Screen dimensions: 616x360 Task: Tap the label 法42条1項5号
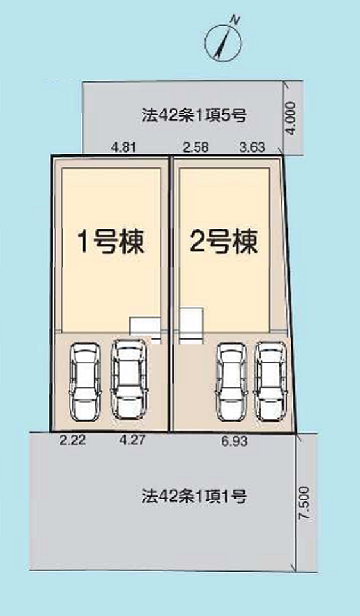[194, 116]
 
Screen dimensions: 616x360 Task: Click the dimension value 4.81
[123, 147]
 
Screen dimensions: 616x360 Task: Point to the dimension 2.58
[195, 147]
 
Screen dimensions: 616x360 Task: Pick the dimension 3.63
[252, 147]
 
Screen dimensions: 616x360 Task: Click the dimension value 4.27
[131, 442]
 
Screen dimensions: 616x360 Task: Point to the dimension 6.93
[235, 442]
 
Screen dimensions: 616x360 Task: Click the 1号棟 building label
[110, 243]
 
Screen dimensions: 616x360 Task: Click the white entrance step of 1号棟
[145, 325]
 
